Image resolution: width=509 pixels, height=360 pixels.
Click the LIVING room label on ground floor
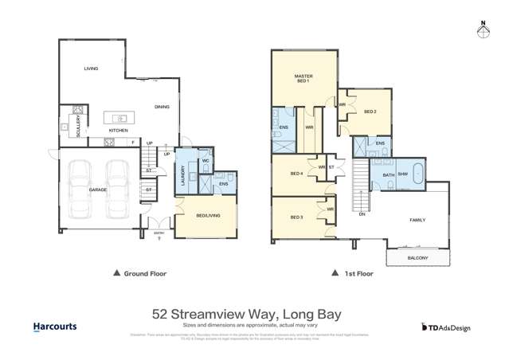91,69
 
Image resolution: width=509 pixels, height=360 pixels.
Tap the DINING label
162,106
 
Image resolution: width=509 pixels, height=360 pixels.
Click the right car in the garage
118,189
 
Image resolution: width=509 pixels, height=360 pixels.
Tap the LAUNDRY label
182,176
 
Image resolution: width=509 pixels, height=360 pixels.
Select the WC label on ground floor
205,160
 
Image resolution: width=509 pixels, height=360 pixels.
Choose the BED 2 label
370,112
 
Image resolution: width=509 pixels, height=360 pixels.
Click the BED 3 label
296,217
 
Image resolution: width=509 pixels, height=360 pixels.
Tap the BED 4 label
296,174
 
